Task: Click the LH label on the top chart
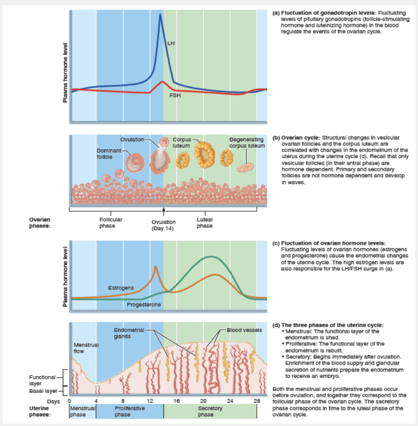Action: pos(171,43)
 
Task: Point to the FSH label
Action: pos(175,95)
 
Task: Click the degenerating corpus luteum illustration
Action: pos(246,168)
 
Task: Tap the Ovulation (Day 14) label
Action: pos(163,225)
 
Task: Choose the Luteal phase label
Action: pos(204,222)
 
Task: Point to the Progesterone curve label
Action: pos(144,305)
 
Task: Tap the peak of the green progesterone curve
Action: pos(211,257)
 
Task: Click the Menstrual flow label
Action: pos(83,347)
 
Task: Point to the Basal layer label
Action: pos(43,391)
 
